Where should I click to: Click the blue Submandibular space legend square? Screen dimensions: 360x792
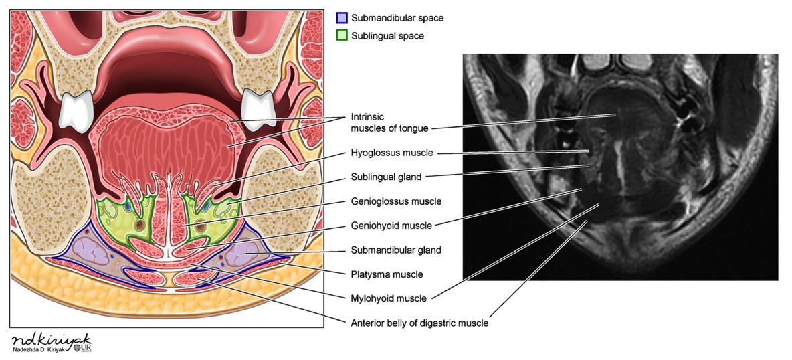(x=342, y=18)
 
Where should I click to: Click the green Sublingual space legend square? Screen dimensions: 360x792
(x=342, y=35)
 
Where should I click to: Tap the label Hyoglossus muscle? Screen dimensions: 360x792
(x=392, y=153)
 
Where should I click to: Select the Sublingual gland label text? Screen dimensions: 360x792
(x=387, y=177)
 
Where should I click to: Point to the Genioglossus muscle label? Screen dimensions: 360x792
(x=396, y=201)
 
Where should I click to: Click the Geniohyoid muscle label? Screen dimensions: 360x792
(x=391, y=226)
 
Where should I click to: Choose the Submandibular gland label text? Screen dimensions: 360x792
(x=396, y=250)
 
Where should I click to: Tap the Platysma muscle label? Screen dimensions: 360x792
(x=387, y=274)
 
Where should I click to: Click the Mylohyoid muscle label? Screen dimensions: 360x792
(x=389, y=298)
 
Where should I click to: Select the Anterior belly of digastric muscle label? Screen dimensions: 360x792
(x=419, y=323)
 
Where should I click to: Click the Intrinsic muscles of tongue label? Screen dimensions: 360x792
(x=389, y=122)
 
